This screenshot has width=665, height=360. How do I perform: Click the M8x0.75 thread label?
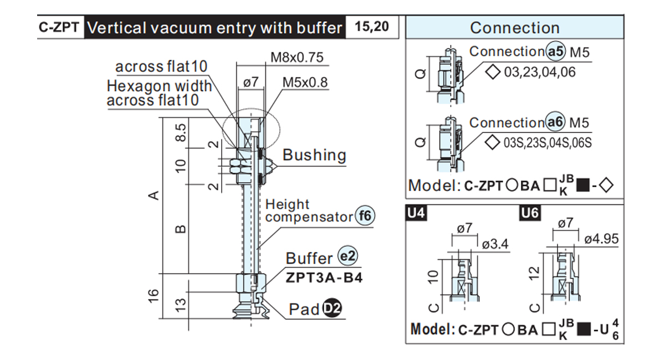click(x=297, y=57)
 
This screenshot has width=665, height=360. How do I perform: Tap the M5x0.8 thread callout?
click(x=305, y=82)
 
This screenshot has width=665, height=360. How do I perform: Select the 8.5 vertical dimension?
click(x=181, y=132)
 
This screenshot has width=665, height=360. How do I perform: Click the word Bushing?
click(x=314, y=155)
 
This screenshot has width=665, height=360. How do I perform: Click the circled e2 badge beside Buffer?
click(x=347, y=256)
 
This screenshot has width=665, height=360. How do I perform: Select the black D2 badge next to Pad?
click(x=332, y=308)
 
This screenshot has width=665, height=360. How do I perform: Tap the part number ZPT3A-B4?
click(x=324, y=278)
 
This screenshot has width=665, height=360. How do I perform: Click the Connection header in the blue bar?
click(x=514, y=28)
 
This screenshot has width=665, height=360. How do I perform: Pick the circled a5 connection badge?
click(x=556, y=52)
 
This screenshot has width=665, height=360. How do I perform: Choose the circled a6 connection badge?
click(x=555, y=122)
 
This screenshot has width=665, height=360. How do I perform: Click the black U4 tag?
click(x=416, y=213)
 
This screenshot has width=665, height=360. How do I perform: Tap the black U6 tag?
click(x=530, y=213)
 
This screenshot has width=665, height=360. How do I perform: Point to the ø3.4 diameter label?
click(x=495, y=244)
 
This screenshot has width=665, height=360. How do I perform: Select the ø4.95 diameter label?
click(x=601, y=239)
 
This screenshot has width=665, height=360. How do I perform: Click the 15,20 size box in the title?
click(x=372, y=27)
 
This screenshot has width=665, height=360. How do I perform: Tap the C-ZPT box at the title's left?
click(x=59, y=27)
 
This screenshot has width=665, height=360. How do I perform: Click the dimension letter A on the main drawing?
click(x=154, y=196)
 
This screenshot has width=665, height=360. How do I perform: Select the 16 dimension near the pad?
click(x=153, y=296)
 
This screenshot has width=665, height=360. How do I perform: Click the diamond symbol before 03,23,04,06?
click(x=493, y=72)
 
